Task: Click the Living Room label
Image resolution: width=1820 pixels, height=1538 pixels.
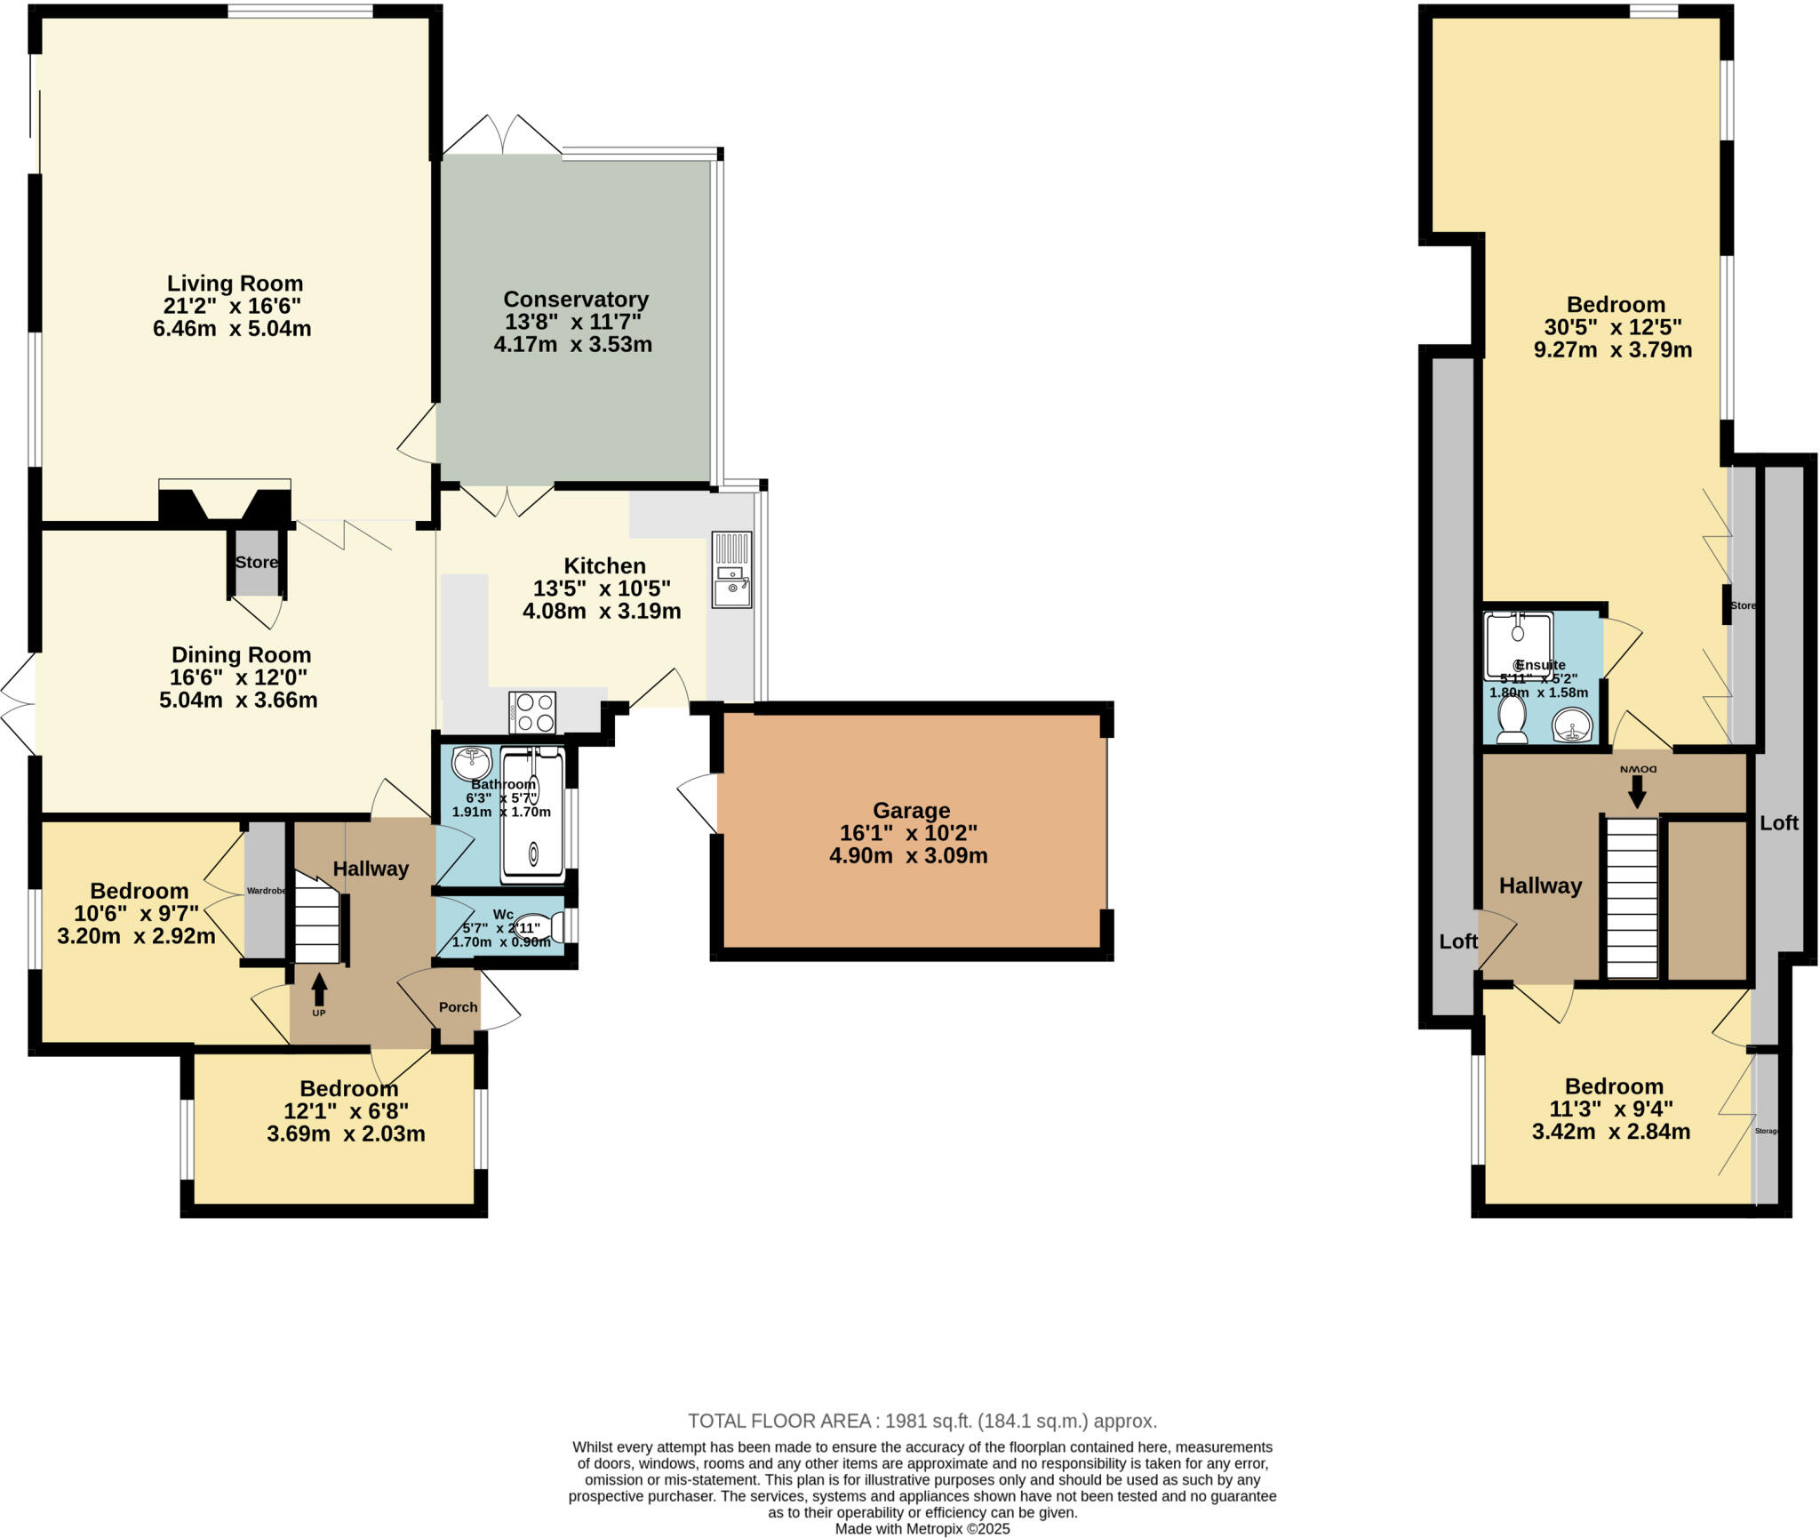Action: (235, 284)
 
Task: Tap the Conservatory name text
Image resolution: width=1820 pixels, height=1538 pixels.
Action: (575, 300)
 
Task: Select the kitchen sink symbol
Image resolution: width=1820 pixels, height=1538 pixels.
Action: (731, 570)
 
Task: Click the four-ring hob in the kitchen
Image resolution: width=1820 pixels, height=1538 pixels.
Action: (532, 712)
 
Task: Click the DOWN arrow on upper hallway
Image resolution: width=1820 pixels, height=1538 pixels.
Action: (1637, 790)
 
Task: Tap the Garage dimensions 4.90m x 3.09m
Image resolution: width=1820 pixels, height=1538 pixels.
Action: (908, 856)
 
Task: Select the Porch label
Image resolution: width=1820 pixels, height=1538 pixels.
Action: (458, 1007)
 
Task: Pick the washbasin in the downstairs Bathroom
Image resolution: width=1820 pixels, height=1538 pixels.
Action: (472, 762)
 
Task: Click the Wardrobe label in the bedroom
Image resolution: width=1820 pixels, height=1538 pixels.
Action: (266, 890)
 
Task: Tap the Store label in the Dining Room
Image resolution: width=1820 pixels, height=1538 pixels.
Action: (257, 562)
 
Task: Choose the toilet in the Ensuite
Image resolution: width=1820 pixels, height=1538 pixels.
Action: (1511, 718)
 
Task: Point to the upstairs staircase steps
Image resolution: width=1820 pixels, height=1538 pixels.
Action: (1632, 898)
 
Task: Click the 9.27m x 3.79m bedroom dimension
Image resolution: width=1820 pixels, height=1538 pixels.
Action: (1612, 350)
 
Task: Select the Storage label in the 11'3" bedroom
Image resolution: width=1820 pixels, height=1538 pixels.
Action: (1767, 1131)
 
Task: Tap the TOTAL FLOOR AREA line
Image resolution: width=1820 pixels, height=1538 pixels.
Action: (922, 1421)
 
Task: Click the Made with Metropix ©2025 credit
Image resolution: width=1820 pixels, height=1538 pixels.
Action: (922, 1529)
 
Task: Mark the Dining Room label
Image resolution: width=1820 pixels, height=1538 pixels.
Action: (241, 655)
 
